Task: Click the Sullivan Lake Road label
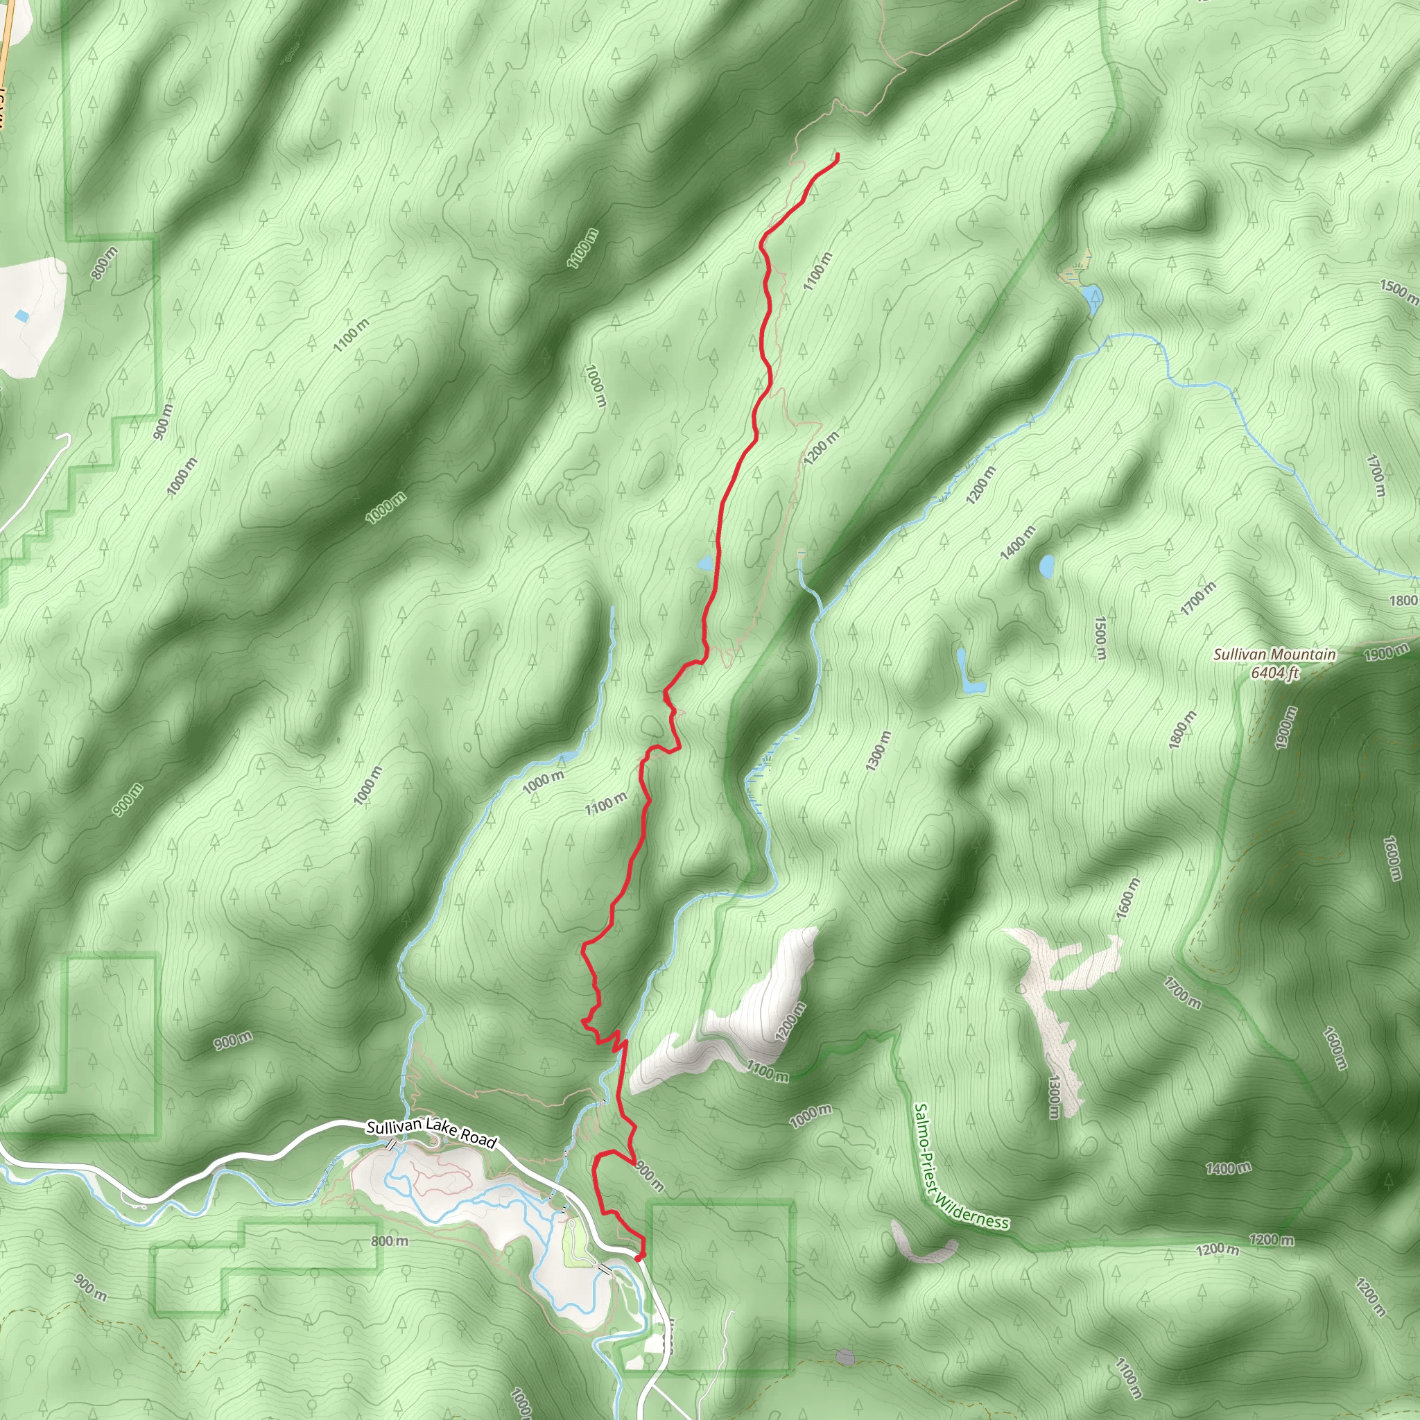point(431,1134)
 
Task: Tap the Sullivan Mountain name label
point(1274,654)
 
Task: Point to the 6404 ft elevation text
point(1274,672)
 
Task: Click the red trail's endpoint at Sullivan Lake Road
point(638,1258)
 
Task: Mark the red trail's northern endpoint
point(837,154)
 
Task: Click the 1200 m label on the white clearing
point(790,1021)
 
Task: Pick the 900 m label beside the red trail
point(650,1176)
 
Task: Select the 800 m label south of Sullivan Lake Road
point(390,1240)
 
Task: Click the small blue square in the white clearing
point(22,316)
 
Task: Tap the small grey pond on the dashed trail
point(845,1356)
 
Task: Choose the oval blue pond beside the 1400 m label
point(1046,565)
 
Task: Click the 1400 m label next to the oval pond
point(1019,542)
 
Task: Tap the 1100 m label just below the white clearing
point(768,1072)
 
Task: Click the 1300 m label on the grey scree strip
point(1054,1097)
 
